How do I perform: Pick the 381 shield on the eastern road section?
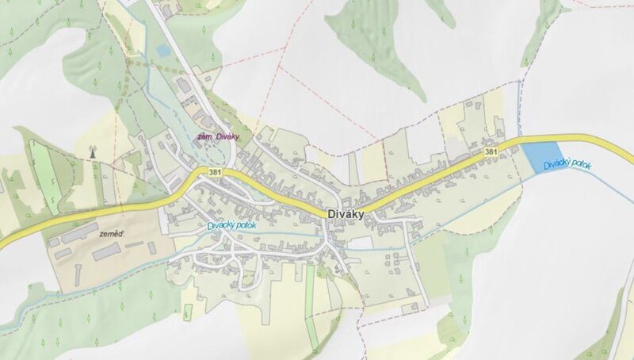pos(491,150)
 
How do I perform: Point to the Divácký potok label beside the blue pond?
pos(569,165)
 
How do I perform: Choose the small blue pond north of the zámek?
pos(163,51)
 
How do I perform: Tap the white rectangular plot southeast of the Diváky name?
pos(361,242)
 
